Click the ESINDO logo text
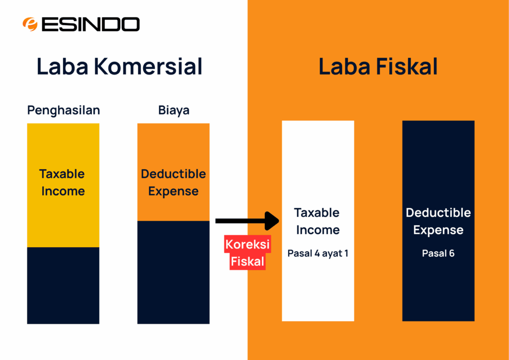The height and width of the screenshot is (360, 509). [90, 24]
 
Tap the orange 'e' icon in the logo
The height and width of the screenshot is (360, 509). [30, 24]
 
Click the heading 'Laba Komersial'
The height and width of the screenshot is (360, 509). [119, 67]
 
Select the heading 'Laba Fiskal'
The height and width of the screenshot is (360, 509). [378, 67]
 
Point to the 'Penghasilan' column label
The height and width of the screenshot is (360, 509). [63, 110]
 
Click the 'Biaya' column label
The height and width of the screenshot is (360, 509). [173, 110]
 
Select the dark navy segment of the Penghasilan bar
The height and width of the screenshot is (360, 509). [63, 285]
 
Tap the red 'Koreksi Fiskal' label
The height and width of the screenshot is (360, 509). [247, 253]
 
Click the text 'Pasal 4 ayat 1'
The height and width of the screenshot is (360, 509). [318, 254]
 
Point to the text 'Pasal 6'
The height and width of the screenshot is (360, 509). [438, 254]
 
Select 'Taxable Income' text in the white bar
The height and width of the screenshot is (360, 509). [318, 221]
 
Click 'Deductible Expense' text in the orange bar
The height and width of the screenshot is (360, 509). [173, 182]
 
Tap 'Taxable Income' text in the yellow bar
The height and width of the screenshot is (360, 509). [63, 182]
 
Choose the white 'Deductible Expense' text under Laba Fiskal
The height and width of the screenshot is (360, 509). [438, 221]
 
